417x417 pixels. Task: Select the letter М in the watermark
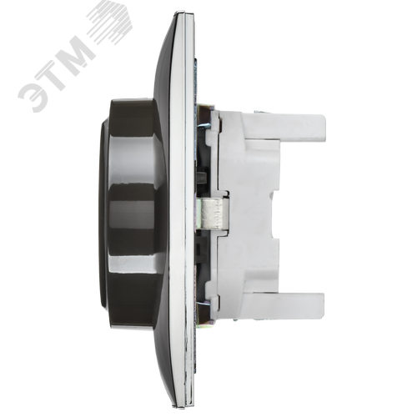coord(75,54)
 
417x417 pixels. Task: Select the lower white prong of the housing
coord(284,305)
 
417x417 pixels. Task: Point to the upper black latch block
coord(201,176)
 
